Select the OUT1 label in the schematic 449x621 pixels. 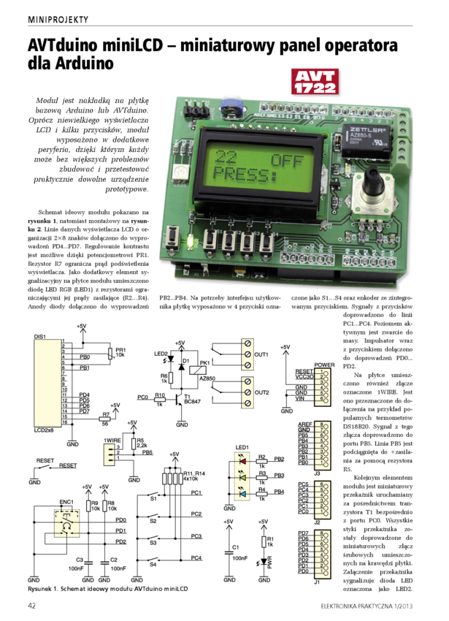click(261, 354)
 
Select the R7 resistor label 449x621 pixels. click(106, 414)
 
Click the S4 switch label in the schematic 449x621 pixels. click(153, 563)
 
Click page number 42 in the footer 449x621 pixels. click(33, 606)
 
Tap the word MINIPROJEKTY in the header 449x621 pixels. click(58, 19)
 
